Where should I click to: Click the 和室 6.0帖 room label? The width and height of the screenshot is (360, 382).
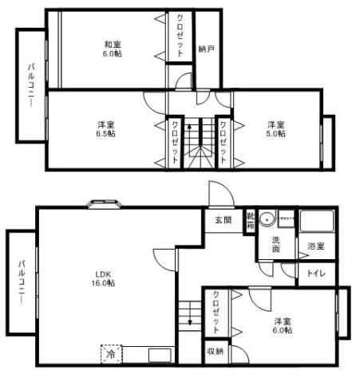[113, 49]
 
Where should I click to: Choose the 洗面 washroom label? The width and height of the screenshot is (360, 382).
[275, 244]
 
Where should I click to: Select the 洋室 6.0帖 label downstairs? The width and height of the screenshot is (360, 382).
[283, 326]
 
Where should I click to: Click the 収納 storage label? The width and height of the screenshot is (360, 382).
[215, 351]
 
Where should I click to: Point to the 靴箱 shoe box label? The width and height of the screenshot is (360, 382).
[250, 219]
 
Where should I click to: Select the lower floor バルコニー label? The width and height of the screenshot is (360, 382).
[22, 282]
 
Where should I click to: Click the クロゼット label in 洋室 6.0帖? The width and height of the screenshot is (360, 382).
[216, 313]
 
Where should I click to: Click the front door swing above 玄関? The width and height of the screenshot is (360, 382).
[217, 194]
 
